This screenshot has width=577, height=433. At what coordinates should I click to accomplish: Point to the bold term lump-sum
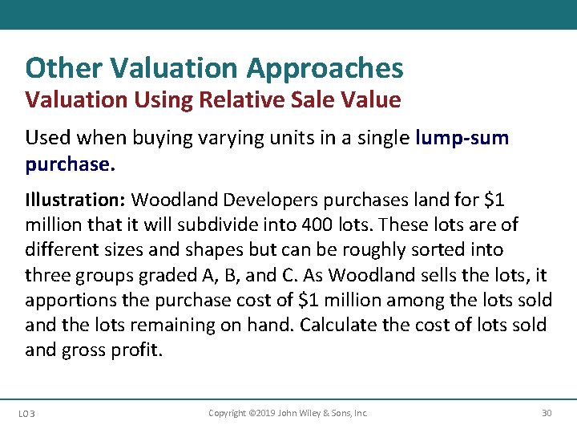tap(462, 138)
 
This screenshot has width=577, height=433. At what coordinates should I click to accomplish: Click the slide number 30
tap(547, 414)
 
